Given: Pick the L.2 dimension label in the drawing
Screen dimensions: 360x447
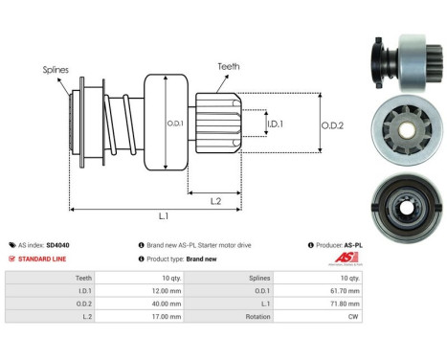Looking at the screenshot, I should (216, 199).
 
